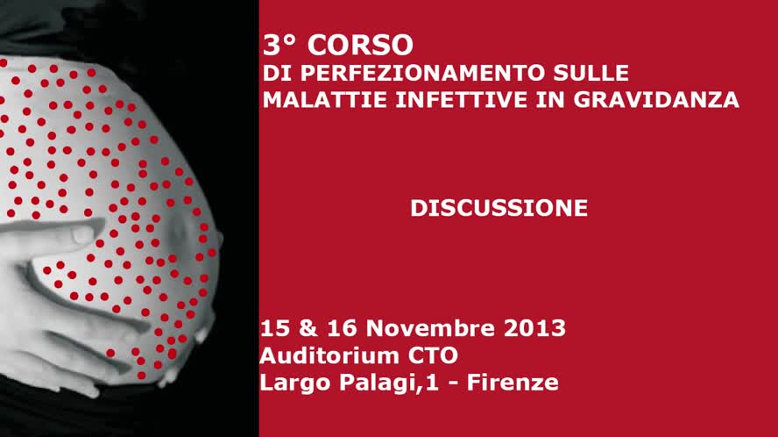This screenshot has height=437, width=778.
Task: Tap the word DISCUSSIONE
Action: point(499,208)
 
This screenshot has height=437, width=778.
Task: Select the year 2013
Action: point(534,329)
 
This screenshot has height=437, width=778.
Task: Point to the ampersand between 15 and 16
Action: point(306,329)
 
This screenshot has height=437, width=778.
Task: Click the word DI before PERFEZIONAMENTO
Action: point(272,73)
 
